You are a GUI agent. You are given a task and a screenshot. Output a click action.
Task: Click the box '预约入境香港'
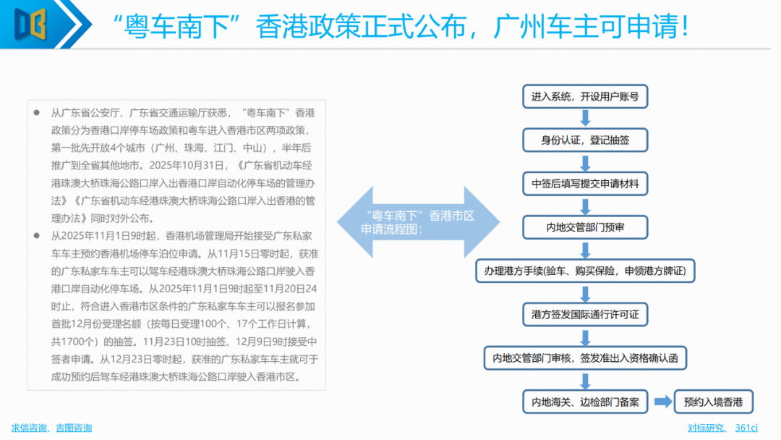(713, 402)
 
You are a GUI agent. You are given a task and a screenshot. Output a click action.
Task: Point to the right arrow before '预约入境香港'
(662, 402)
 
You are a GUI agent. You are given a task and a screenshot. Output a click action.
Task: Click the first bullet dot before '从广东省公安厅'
(37, 114)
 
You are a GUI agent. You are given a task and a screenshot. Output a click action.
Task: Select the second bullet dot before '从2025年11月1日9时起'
(37, 236)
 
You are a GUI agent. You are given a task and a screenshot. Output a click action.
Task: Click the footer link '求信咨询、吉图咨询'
(51, 428)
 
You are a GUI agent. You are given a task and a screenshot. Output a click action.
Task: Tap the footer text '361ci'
(746, 428)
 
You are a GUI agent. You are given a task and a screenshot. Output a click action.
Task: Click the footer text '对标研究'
(705, 428)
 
